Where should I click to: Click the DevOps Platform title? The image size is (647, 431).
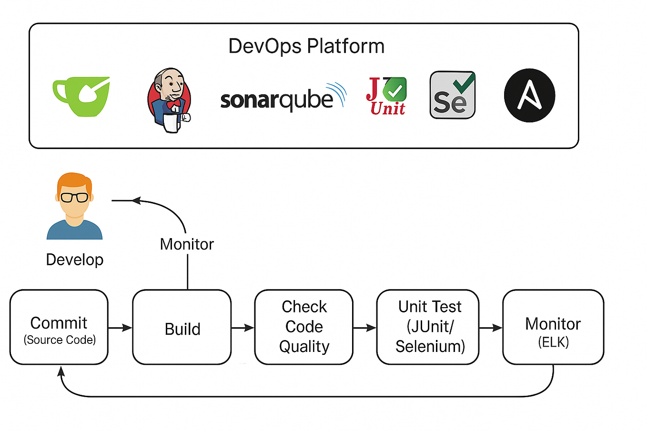click(306, 46)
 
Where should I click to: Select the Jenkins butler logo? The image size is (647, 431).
click(169, 100)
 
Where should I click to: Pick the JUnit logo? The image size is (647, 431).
click(386, 97)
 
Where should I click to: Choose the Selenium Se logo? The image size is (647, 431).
click(452, 95)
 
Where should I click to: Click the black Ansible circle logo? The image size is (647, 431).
click(529, 96)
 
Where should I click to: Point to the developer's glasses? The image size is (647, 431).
click(74, 198)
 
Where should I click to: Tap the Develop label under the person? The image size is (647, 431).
click(75, 260)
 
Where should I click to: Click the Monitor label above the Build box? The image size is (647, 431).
click(187, 244)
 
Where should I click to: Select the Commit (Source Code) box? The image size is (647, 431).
click(59, 328)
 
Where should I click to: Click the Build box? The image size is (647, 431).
click(182, 328)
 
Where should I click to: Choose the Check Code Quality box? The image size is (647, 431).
click(304, 327)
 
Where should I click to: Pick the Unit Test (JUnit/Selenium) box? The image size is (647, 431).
click(428, 327)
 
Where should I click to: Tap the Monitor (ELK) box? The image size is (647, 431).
click(553, 328)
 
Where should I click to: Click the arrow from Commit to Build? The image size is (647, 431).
click(121, 328)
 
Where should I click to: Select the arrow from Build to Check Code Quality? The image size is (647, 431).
click(243, 328)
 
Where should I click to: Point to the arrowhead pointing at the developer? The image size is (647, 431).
click(136, 200)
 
